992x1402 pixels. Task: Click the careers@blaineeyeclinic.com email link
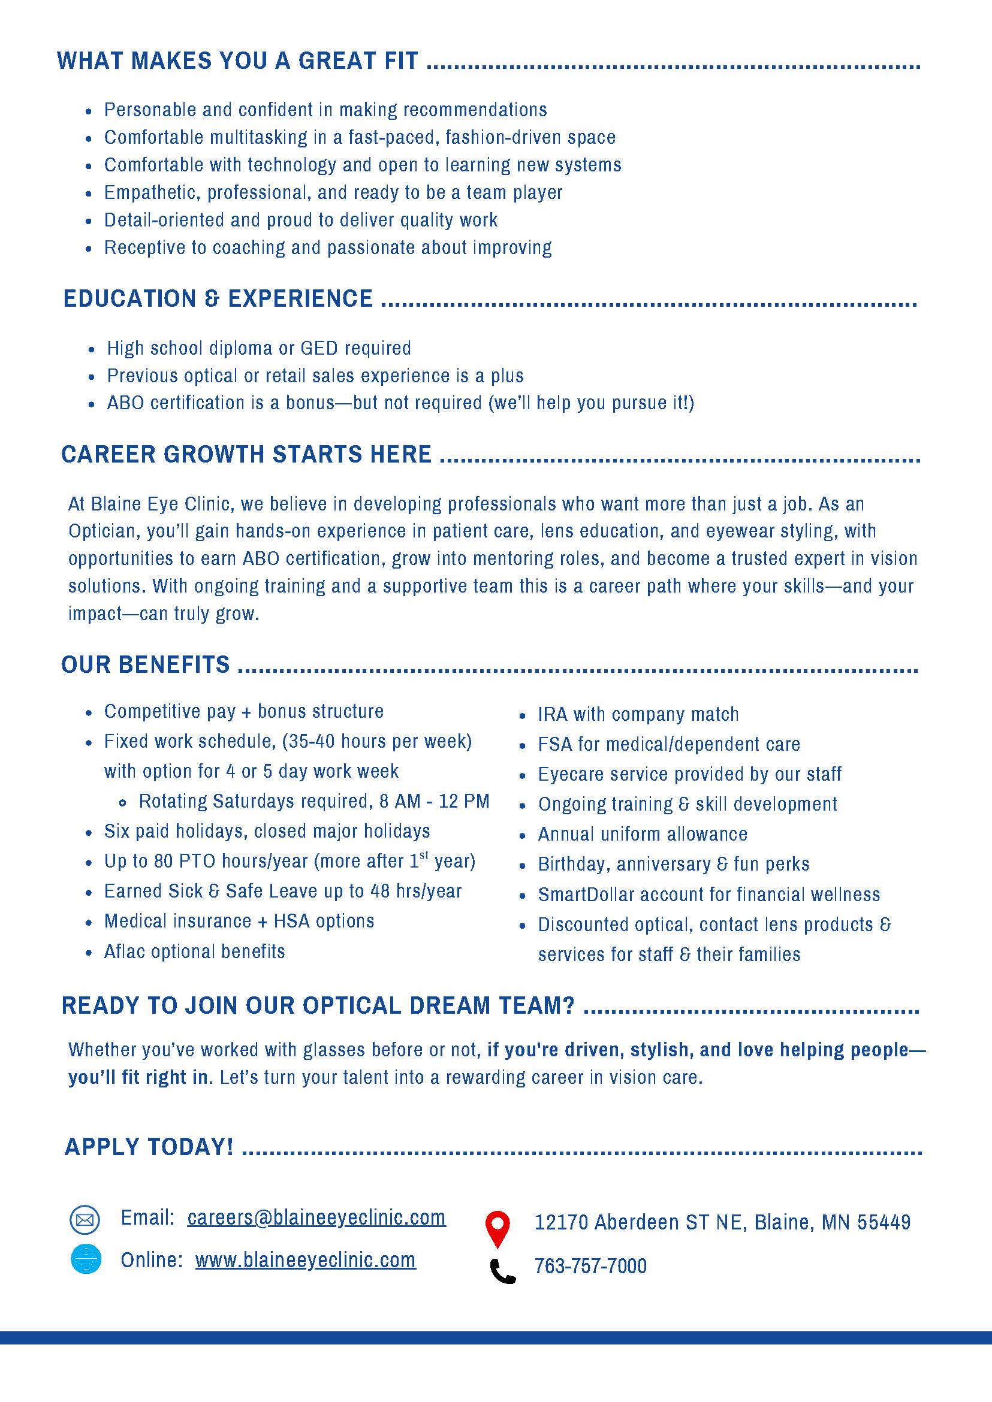coord(316,1217)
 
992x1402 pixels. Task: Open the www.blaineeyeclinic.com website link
coord(306,1260)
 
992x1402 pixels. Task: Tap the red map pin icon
coord(497,1228)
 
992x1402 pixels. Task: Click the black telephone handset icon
coord(503,1271)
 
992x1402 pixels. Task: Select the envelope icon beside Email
coord(85,1220)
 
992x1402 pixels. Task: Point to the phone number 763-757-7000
coord(590,1266)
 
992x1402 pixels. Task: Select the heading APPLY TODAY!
coord(149,1147)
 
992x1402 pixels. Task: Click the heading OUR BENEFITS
coord(146,664)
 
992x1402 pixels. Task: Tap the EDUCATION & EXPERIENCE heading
coord(218,298)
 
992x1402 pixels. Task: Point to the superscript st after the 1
coord(424,856)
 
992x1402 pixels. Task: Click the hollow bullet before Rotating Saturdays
coord(123,803)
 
